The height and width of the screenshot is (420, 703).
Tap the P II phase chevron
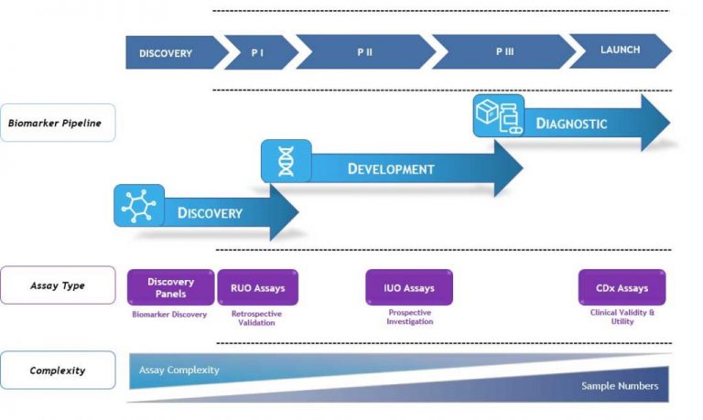pyautogui.click(x=364, y=53)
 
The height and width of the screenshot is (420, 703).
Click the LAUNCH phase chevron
pyautogui.click(x=620, y=50)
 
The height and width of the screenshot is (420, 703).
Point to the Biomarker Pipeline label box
pyautogui.click(x=57, y=123)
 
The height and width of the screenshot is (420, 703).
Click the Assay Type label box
pyautogui.click(x=57, y=285)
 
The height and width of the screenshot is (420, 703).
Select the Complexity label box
pyautogui.click(x=57, y=371)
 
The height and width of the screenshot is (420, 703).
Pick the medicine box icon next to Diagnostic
pyautogui.click(x=498, y=115)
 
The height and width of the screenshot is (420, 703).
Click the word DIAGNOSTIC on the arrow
pyautogui.click(x=571, y=123)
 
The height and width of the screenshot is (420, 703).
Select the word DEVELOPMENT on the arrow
pyautogui.click(x=391, y=168)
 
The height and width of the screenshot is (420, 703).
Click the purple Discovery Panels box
pyautogui.click(x=170, y=287)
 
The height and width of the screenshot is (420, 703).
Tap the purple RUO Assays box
pyautogui.click(x=257, y=287)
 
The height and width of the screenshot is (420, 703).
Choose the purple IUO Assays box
pyautogui.click(x=408, y=287)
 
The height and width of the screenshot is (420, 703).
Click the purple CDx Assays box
pyautogui.click(x=622, y=287)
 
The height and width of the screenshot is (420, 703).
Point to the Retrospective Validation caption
pyautogui.click(x=257, y=318)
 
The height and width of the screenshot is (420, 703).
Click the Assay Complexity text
pyautogui.click(x=178, y=370)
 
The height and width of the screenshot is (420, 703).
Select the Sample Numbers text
pyautogui.click(x=620, y=385)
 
